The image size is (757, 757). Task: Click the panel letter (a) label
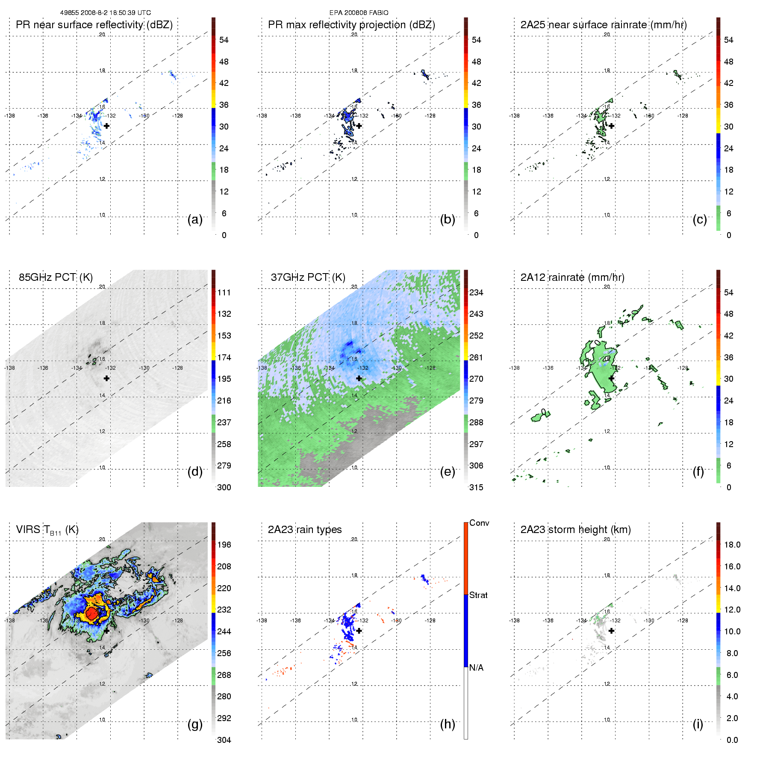coord(195,220)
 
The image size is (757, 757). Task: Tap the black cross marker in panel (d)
coord(106,378)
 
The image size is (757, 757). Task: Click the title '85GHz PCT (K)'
coord(56,277)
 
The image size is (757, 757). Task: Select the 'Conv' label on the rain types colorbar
coord(479,523)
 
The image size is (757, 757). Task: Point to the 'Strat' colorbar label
coord(478,595)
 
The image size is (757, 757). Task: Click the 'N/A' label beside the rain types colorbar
coord(476,668)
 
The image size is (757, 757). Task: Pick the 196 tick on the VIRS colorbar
coord(224,545)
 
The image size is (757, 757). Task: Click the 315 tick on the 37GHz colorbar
coord(476,488)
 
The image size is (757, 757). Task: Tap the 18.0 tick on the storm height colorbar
coord(732,545)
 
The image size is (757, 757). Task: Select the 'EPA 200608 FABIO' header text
coord(359,13)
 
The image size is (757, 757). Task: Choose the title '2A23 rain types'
coord(305,530)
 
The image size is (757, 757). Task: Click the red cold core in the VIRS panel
coord(91,614)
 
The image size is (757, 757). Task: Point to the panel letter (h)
coord(448,724)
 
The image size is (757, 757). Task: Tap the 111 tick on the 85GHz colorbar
coord(224,293)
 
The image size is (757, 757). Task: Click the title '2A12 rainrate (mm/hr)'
coord(572,277)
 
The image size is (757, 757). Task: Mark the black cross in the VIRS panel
coord(106,630)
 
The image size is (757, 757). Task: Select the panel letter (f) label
coord(698,472)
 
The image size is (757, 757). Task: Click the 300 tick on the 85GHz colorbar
coord(224,488)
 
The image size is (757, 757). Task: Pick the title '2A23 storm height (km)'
coord(575,530)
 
